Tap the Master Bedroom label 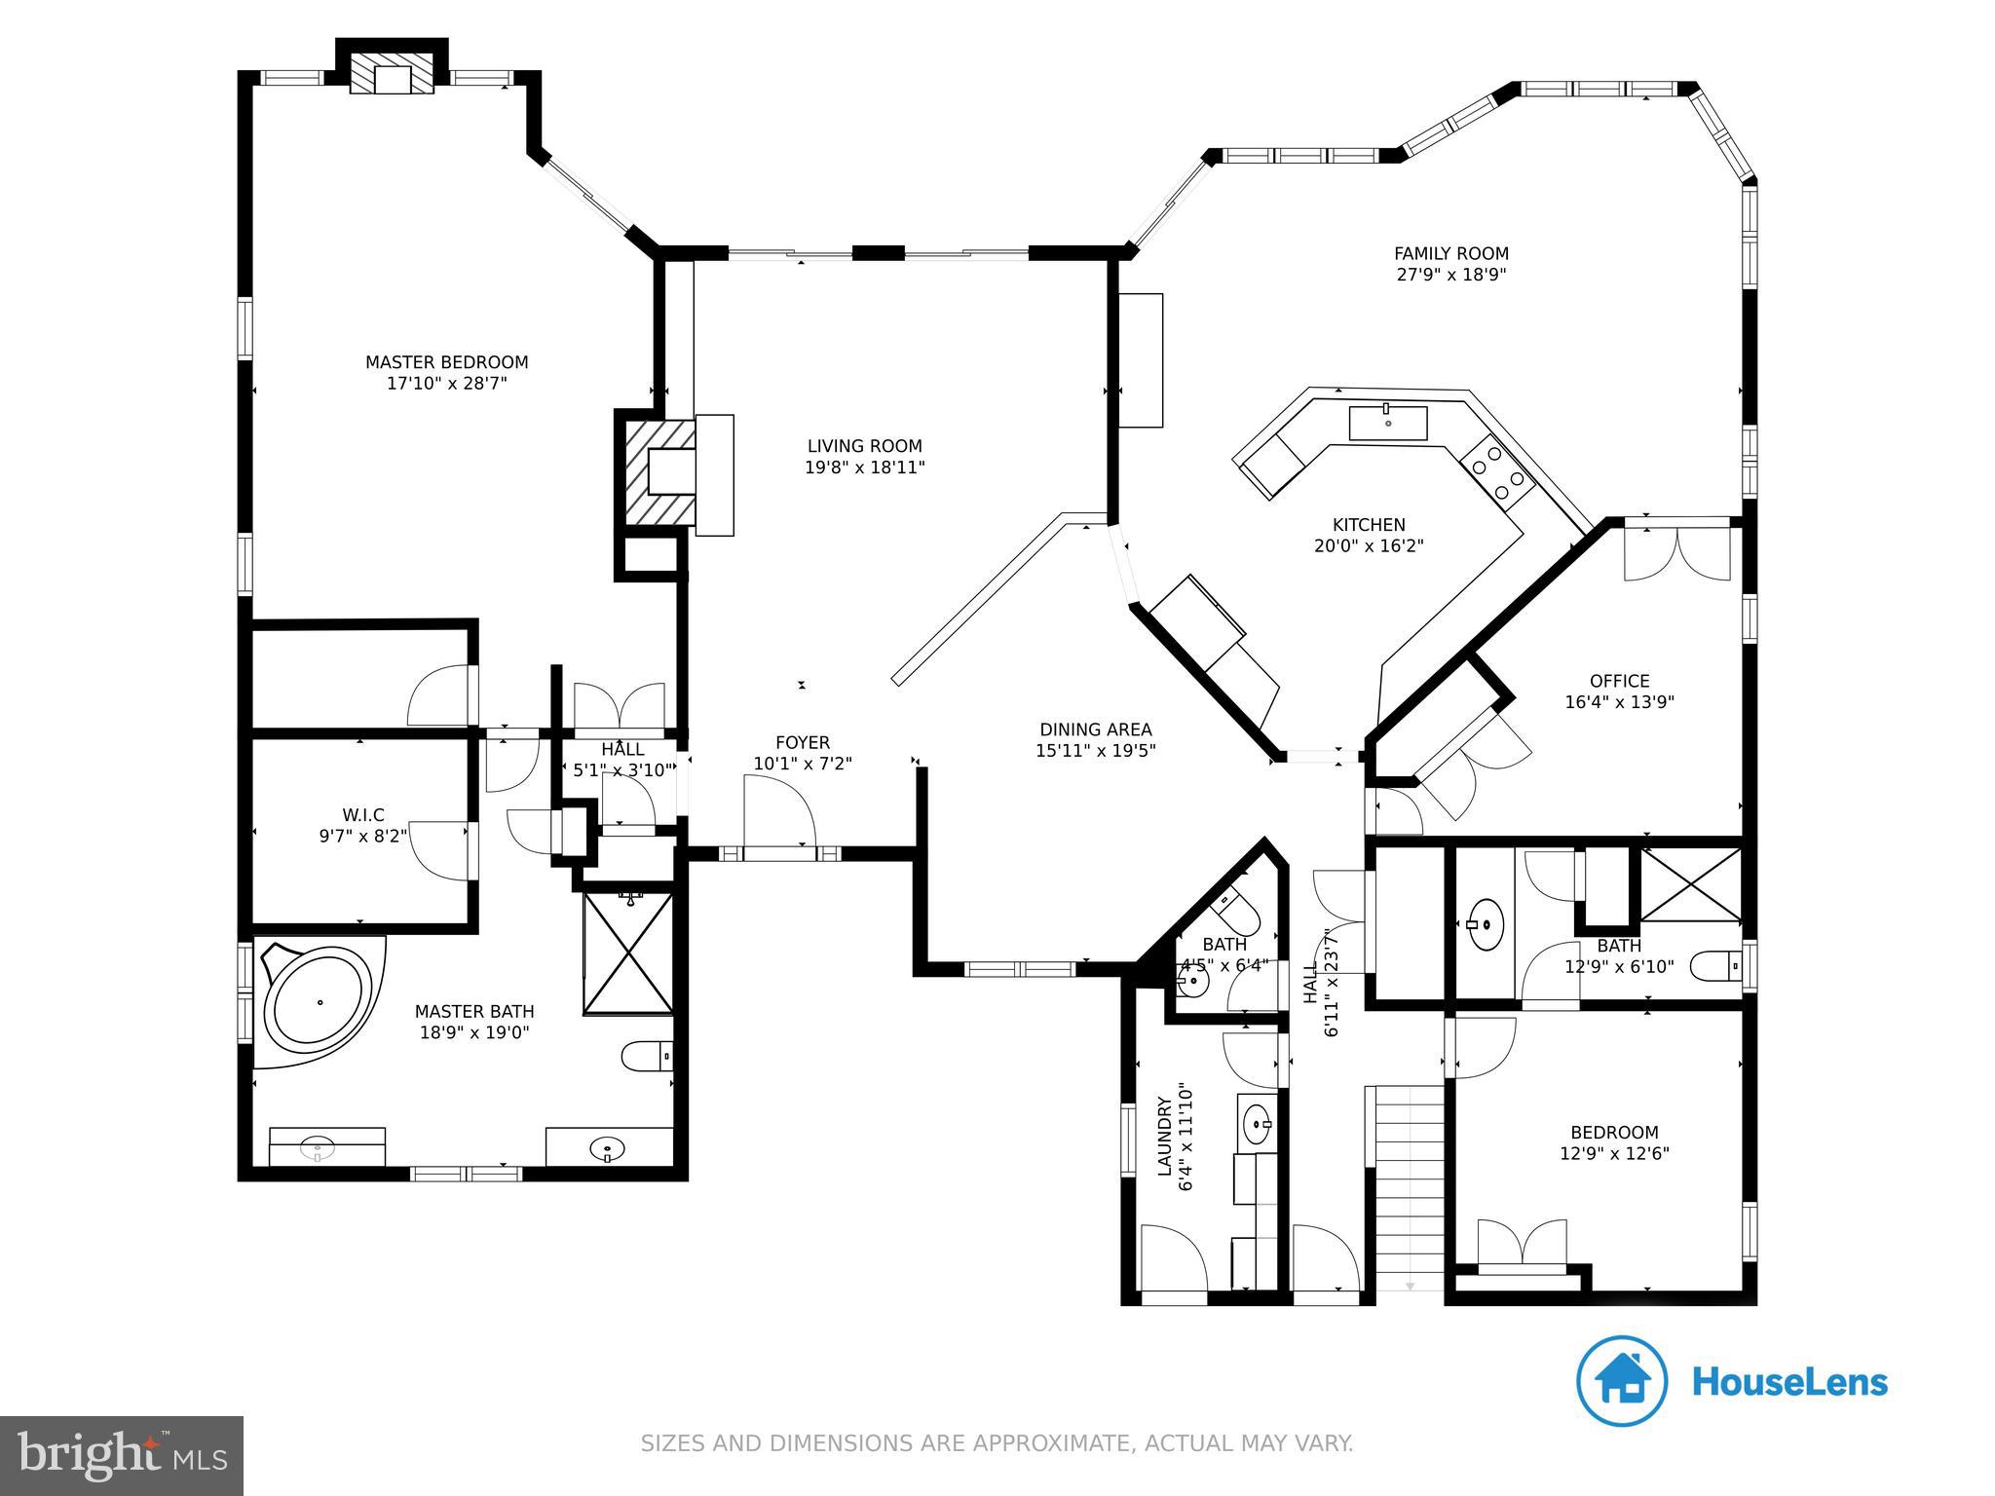446,362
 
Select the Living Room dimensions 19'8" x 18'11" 864,467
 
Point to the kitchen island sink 1387,423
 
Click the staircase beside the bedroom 1409,1187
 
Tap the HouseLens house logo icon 1621,1381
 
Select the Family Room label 1450,253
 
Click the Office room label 1619,681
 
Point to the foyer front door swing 778,810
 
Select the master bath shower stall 628,953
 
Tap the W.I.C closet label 362,815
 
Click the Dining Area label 1095,729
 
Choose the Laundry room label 1164,1137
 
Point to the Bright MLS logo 121,1455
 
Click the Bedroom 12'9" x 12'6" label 1613,1133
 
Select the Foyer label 803,743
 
